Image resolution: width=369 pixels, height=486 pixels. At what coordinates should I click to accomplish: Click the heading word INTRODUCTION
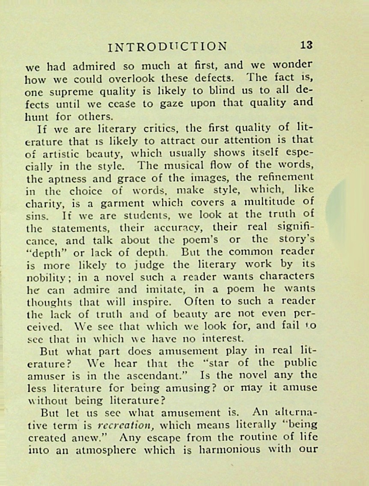click(x=168, y=47)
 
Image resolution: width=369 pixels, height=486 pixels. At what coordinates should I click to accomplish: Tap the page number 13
click(x=307, y=45)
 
